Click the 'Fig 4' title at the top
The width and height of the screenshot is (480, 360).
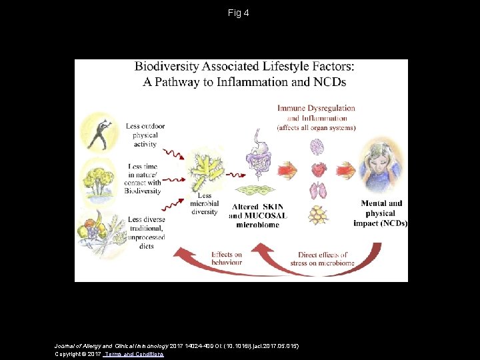pos(238,13)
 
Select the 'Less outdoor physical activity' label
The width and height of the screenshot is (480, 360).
pos(145,135)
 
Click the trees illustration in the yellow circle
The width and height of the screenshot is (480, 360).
pos(98,179)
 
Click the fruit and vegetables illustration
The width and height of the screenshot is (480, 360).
pos(97,231)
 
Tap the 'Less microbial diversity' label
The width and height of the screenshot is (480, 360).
pos(204,204)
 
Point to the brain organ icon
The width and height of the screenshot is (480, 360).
pos(317,145)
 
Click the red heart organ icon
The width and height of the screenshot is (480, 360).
pos(317,168)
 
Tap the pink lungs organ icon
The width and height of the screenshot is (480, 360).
pos(317,191)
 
